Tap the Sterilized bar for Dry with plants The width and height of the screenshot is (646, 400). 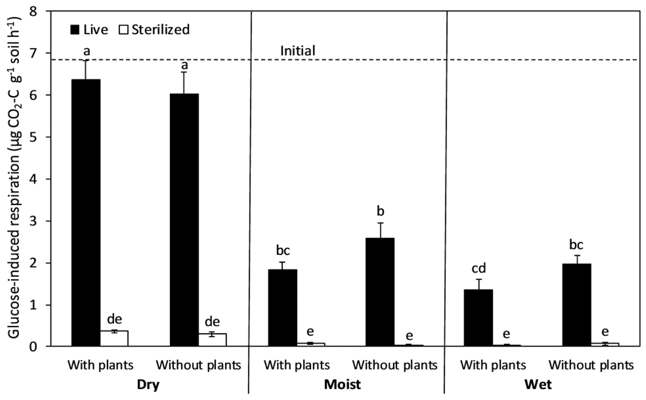coord(114,339)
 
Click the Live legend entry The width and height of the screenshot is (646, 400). coord(89,30)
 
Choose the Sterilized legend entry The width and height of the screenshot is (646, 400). coord(154,30)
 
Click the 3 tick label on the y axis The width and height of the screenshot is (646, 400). coord(34,221)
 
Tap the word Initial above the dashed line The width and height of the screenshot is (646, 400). coord(298,51)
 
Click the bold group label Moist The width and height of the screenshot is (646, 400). coord(342,385)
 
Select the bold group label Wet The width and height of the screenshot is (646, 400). coord(538,385)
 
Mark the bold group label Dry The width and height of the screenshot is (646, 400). coord(148,385)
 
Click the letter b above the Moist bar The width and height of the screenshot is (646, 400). coord(380,211)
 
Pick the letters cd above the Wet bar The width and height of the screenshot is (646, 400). coord(479,268)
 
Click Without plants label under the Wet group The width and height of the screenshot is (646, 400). coord(591,365)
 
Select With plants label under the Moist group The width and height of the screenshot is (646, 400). coord(297,365)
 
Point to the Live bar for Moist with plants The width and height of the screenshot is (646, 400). coord(282,308)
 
